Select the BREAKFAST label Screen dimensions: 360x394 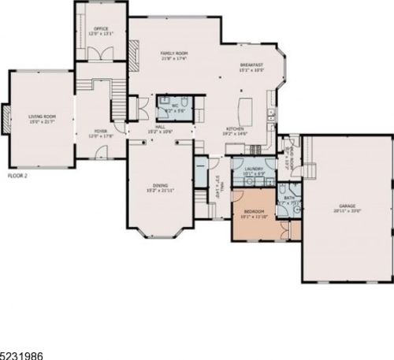tap(251, 65)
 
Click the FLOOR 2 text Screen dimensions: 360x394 tap(17, 174)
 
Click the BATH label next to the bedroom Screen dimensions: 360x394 tap(289, 198)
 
